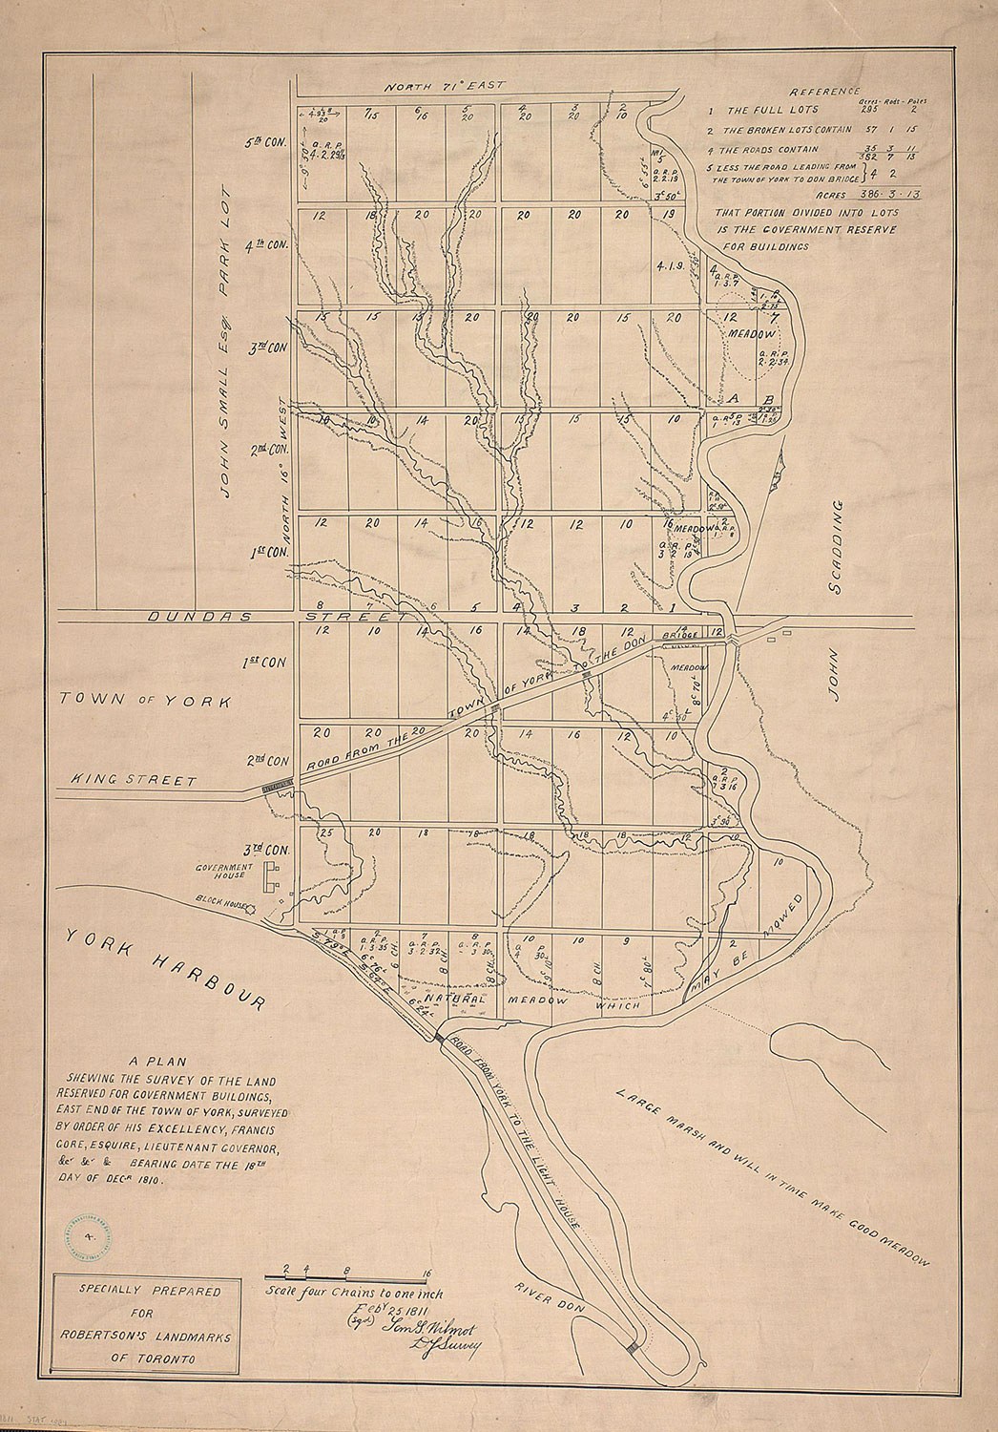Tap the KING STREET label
point(135,780)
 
